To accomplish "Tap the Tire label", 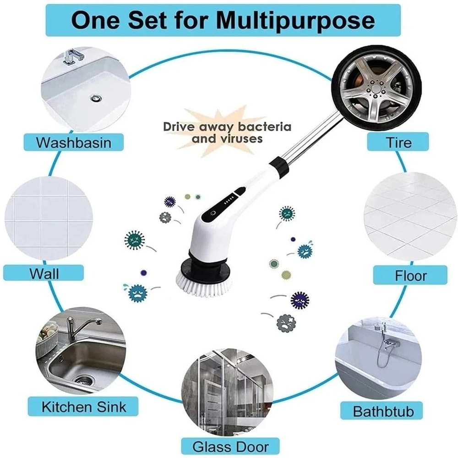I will click(398, 142).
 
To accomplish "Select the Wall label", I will click(44, 273).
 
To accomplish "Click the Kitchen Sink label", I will click(83, 406).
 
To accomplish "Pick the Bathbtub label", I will click(383, 411).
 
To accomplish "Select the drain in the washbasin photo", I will click(96, 97).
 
